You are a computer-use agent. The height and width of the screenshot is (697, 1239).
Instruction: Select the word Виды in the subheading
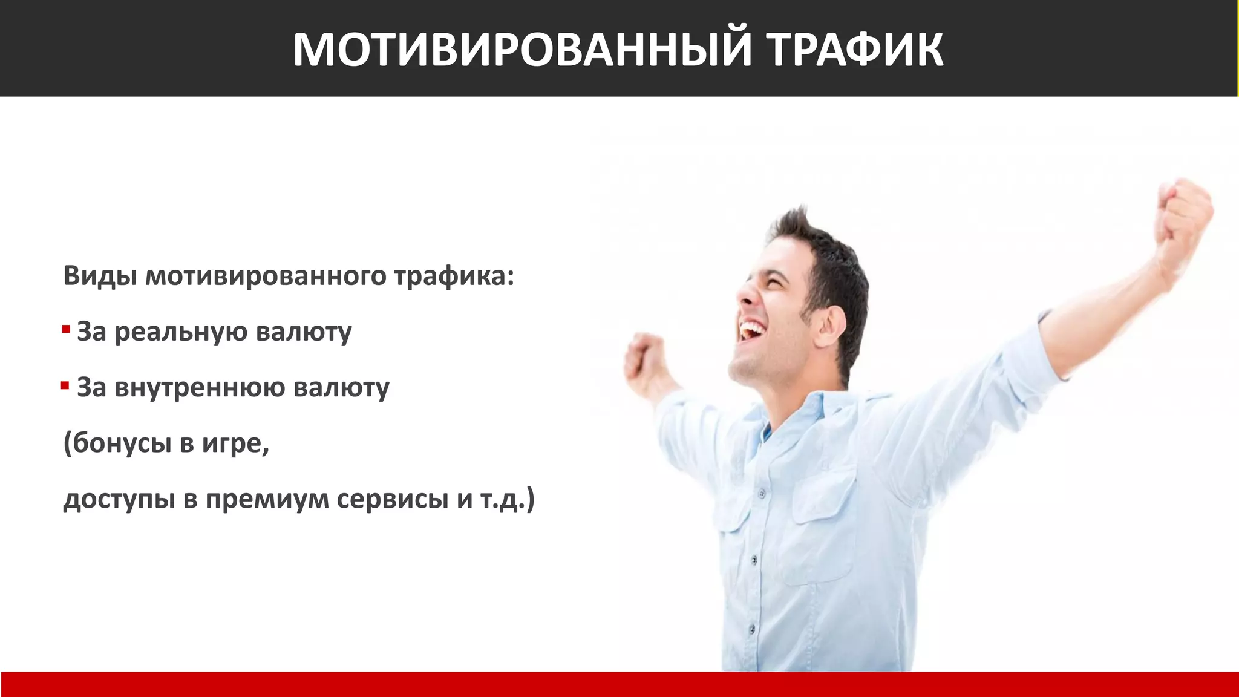point(99,276)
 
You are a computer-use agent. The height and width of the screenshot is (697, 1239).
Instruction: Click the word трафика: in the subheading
point(454,276)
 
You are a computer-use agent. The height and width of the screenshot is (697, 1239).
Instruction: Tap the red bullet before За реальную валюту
point(66,330)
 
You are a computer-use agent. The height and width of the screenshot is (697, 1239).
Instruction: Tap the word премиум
point(266,500)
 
